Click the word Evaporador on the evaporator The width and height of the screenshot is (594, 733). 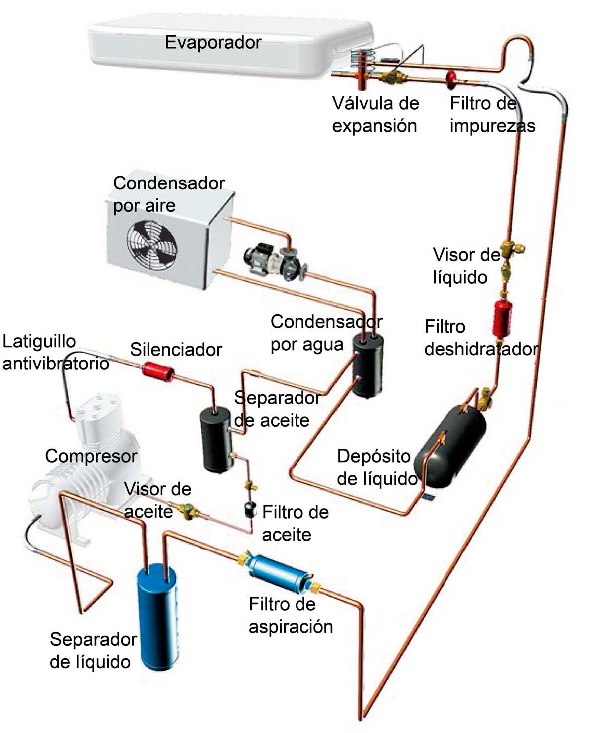pyautogui.click(x=213, y=42)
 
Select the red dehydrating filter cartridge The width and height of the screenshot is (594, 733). pyautogui.click(x=500, y=318)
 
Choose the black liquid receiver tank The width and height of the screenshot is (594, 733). pyautogui.click(x=452, y=445)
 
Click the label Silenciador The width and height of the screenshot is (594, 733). pyautogui.click(x=175, y=349)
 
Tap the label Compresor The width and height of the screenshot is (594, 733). pyautogui.click(x=91, y=456)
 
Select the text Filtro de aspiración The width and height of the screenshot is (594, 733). pyautogui.click(x=291, y=615)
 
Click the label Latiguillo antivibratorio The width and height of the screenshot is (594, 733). pyautogui.click(x=55, y=353)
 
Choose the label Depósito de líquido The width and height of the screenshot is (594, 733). pyautogui.click(x=377, y=467)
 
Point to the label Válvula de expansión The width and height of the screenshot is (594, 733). pyautogui.click(x=375, y=114)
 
